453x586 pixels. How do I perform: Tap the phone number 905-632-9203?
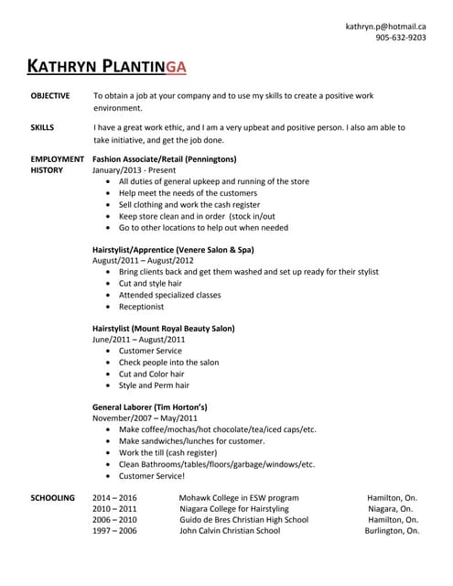point(400,38)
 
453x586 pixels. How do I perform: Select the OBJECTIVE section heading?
point(51,95)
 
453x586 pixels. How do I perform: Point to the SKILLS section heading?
point(42,127)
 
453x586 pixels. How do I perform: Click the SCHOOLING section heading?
point(53,497)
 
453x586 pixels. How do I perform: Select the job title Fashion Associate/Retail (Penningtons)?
point(165,158)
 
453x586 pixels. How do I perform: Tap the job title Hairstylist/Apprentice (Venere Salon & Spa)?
point(173,249)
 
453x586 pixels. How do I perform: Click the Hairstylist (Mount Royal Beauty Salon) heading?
point(164,328)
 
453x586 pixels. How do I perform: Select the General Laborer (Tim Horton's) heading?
point(150,407)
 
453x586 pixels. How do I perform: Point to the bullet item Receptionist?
point(142,307)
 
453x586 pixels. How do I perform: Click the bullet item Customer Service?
point(152,475)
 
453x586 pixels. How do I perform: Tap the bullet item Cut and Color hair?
point(151,374)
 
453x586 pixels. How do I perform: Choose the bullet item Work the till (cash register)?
point(167,452)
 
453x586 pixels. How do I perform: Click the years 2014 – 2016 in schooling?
point(114,497)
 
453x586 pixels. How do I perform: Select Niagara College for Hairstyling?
point(233,508)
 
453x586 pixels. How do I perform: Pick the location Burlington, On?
point(393,530)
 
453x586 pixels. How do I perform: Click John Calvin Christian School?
point(230,530)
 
